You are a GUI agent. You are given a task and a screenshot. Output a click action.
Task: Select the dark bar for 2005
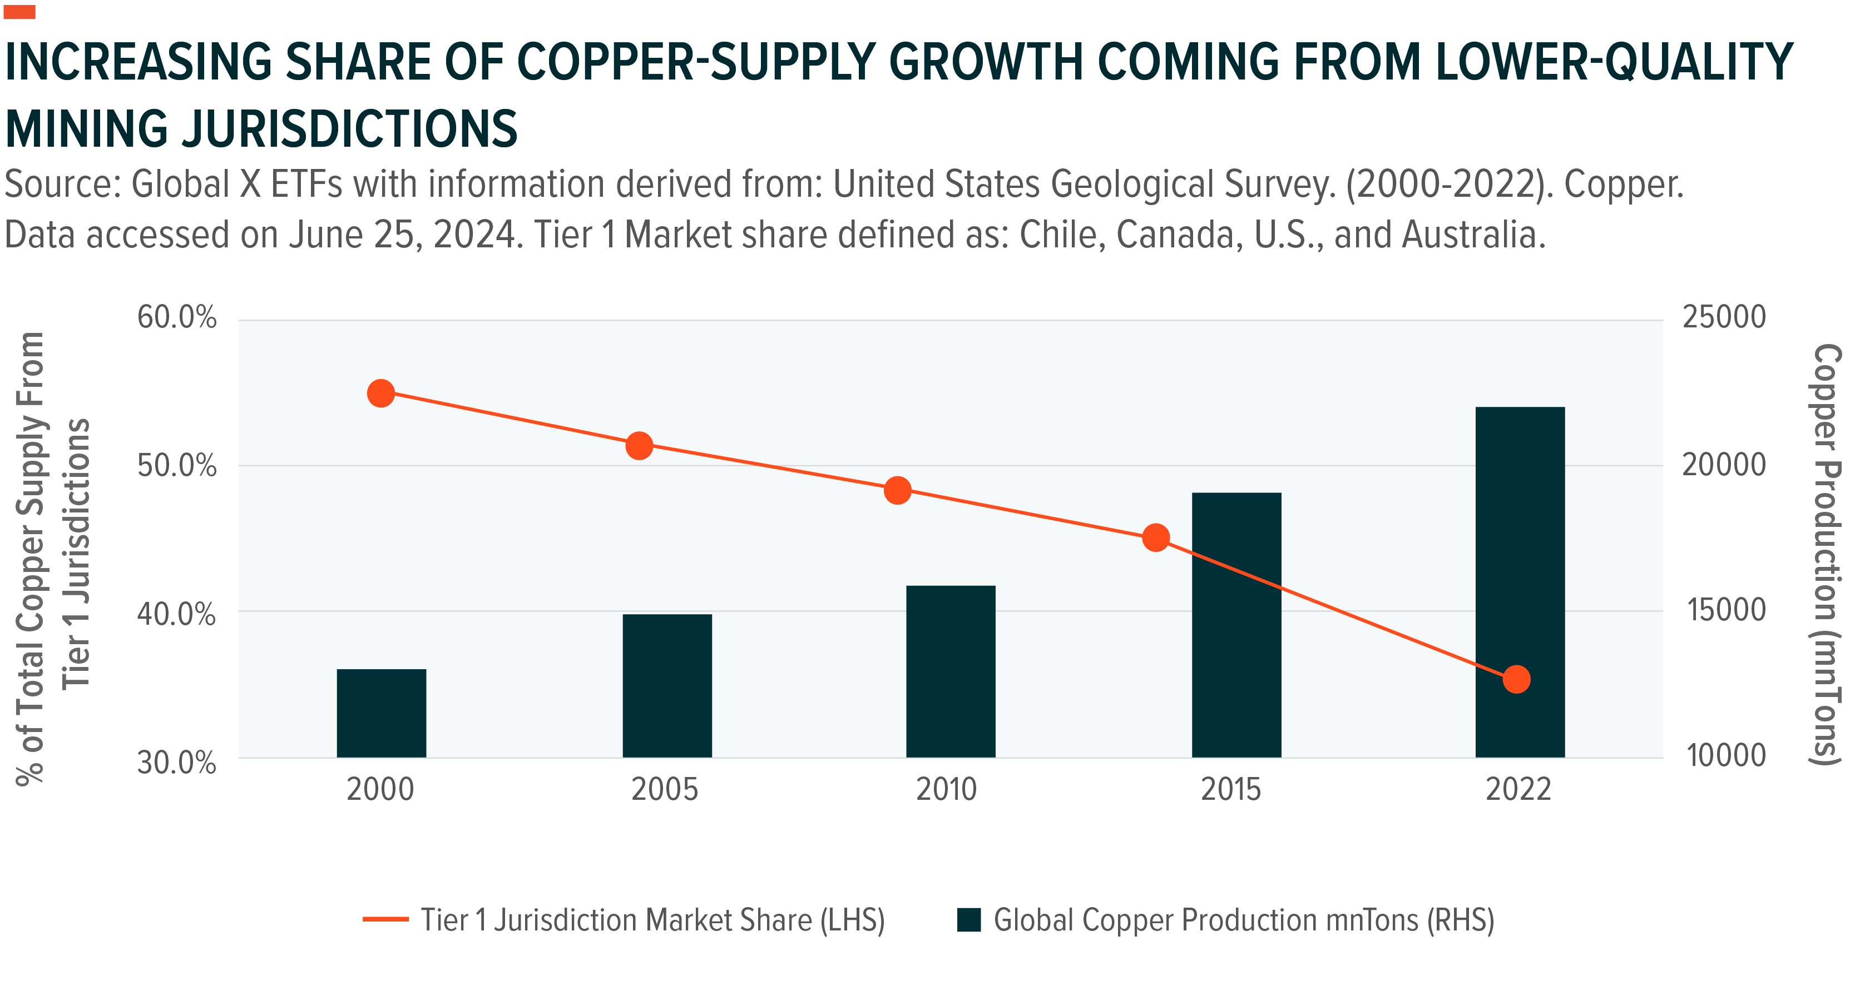(x=667, y=685)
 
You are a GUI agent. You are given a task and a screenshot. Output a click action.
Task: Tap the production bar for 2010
(x=951, y=671)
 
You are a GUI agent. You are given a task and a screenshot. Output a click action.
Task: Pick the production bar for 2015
(x=1236, y=625)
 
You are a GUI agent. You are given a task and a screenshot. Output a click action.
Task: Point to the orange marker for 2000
(x=381, y=393)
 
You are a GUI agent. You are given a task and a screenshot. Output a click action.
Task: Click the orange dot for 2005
(x=639, y=446)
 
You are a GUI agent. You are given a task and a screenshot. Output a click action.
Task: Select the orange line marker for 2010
(x=897, y=491)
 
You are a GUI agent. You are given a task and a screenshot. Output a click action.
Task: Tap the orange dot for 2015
(x=1156, y=537)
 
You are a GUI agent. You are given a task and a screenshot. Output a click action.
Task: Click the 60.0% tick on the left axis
(x=176, y=317)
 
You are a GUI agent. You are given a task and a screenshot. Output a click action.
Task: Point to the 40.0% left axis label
(x=176, y=615)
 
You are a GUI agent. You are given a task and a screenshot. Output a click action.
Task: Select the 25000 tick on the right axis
(x=1724, y=317)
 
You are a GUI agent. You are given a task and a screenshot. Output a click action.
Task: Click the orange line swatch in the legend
(x=385, y=919)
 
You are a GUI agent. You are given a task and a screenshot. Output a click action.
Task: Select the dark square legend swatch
(x=968, y=920)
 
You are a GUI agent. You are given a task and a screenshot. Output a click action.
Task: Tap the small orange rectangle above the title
(x=19, y=12)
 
